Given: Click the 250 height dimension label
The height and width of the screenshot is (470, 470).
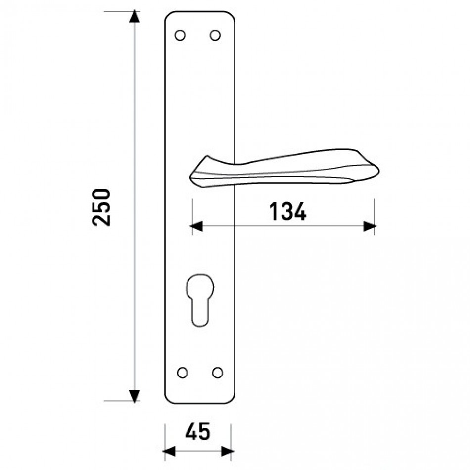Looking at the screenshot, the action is point(101,207).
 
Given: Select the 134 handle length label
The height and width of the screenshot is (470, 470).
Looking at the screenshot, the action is point(287,211).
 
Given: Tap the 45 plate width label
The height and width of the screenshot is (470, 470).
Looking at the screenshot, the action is point(198,431).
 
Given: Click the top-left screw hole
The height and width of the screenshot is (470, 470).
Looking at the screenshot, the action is point(180,35).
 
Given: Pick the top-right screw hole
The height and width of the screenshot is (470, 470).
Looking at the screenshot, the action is point(215,35).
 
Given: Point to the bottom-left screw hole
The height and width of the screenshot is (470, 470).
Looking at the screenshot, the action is point(182,373).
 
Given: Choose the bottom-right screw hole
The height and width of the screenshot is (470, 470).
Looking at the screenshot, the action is point(218,373).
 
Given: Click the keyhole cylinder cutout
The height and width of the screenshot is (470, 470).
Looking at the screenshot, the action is point(200,300).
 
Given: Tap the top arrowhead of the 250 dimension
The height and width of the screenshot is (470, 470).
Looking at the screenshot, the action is point(134,16).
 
